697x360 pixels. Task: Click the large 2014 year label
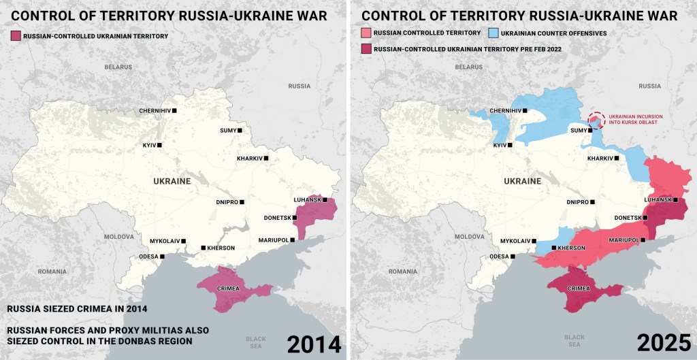[x=314, y=344]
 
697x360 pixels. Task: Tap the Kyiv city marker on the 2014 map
[x=160, y=145]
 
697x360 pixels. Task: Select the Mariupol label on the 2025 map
[x=624, y=240]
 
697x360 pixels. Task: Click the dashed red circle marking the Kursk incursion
[x=596, y=120]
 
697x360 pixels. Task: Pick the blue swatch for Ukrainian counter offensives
[x=493, y=33]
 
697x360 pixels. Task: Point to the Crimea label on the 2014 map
[x=229, y=289]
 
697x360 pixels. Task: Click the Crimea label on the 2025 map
[x=579, y=289]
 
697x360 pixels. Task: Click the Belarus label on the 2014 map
[x=118, y=67]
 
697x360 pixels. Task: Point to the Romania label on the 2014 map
[x=52, y=271]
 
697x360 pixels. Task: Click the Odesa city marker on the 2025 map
[x=513, y=257]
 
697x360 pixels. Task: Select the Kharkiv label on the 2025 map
[x=600, y=158]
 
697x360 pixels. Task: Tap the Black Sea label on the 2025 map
[x=574, y=341]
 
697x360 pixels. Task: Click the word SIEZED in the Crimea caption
[x=59, y=308]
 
